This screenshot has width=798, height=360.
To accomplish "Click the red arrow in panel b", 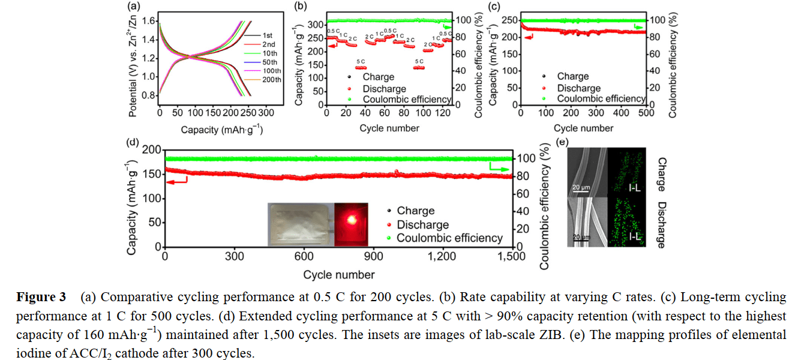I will (x=332, y=45).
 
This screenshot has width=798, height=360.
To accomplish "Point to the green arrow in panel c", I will (x=638, y=27).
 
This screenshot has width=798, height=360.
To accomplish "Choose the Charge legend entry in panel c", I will (x=573, y=77).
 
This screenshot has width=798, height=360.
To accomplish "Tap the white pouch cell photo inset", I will (x=299, y=224).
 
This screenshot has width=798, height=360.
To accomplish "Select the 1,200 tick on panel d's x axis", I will (x=442, y=256).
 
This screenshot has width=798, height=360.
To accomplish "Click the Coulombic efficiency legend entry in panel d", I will (x=449, y=238).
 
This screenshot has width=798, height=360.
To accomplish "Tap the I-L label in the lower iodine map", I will (x=636, y=238).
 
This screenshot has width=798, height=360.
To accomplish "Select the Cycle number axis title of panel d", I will (x=338, y=275).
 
